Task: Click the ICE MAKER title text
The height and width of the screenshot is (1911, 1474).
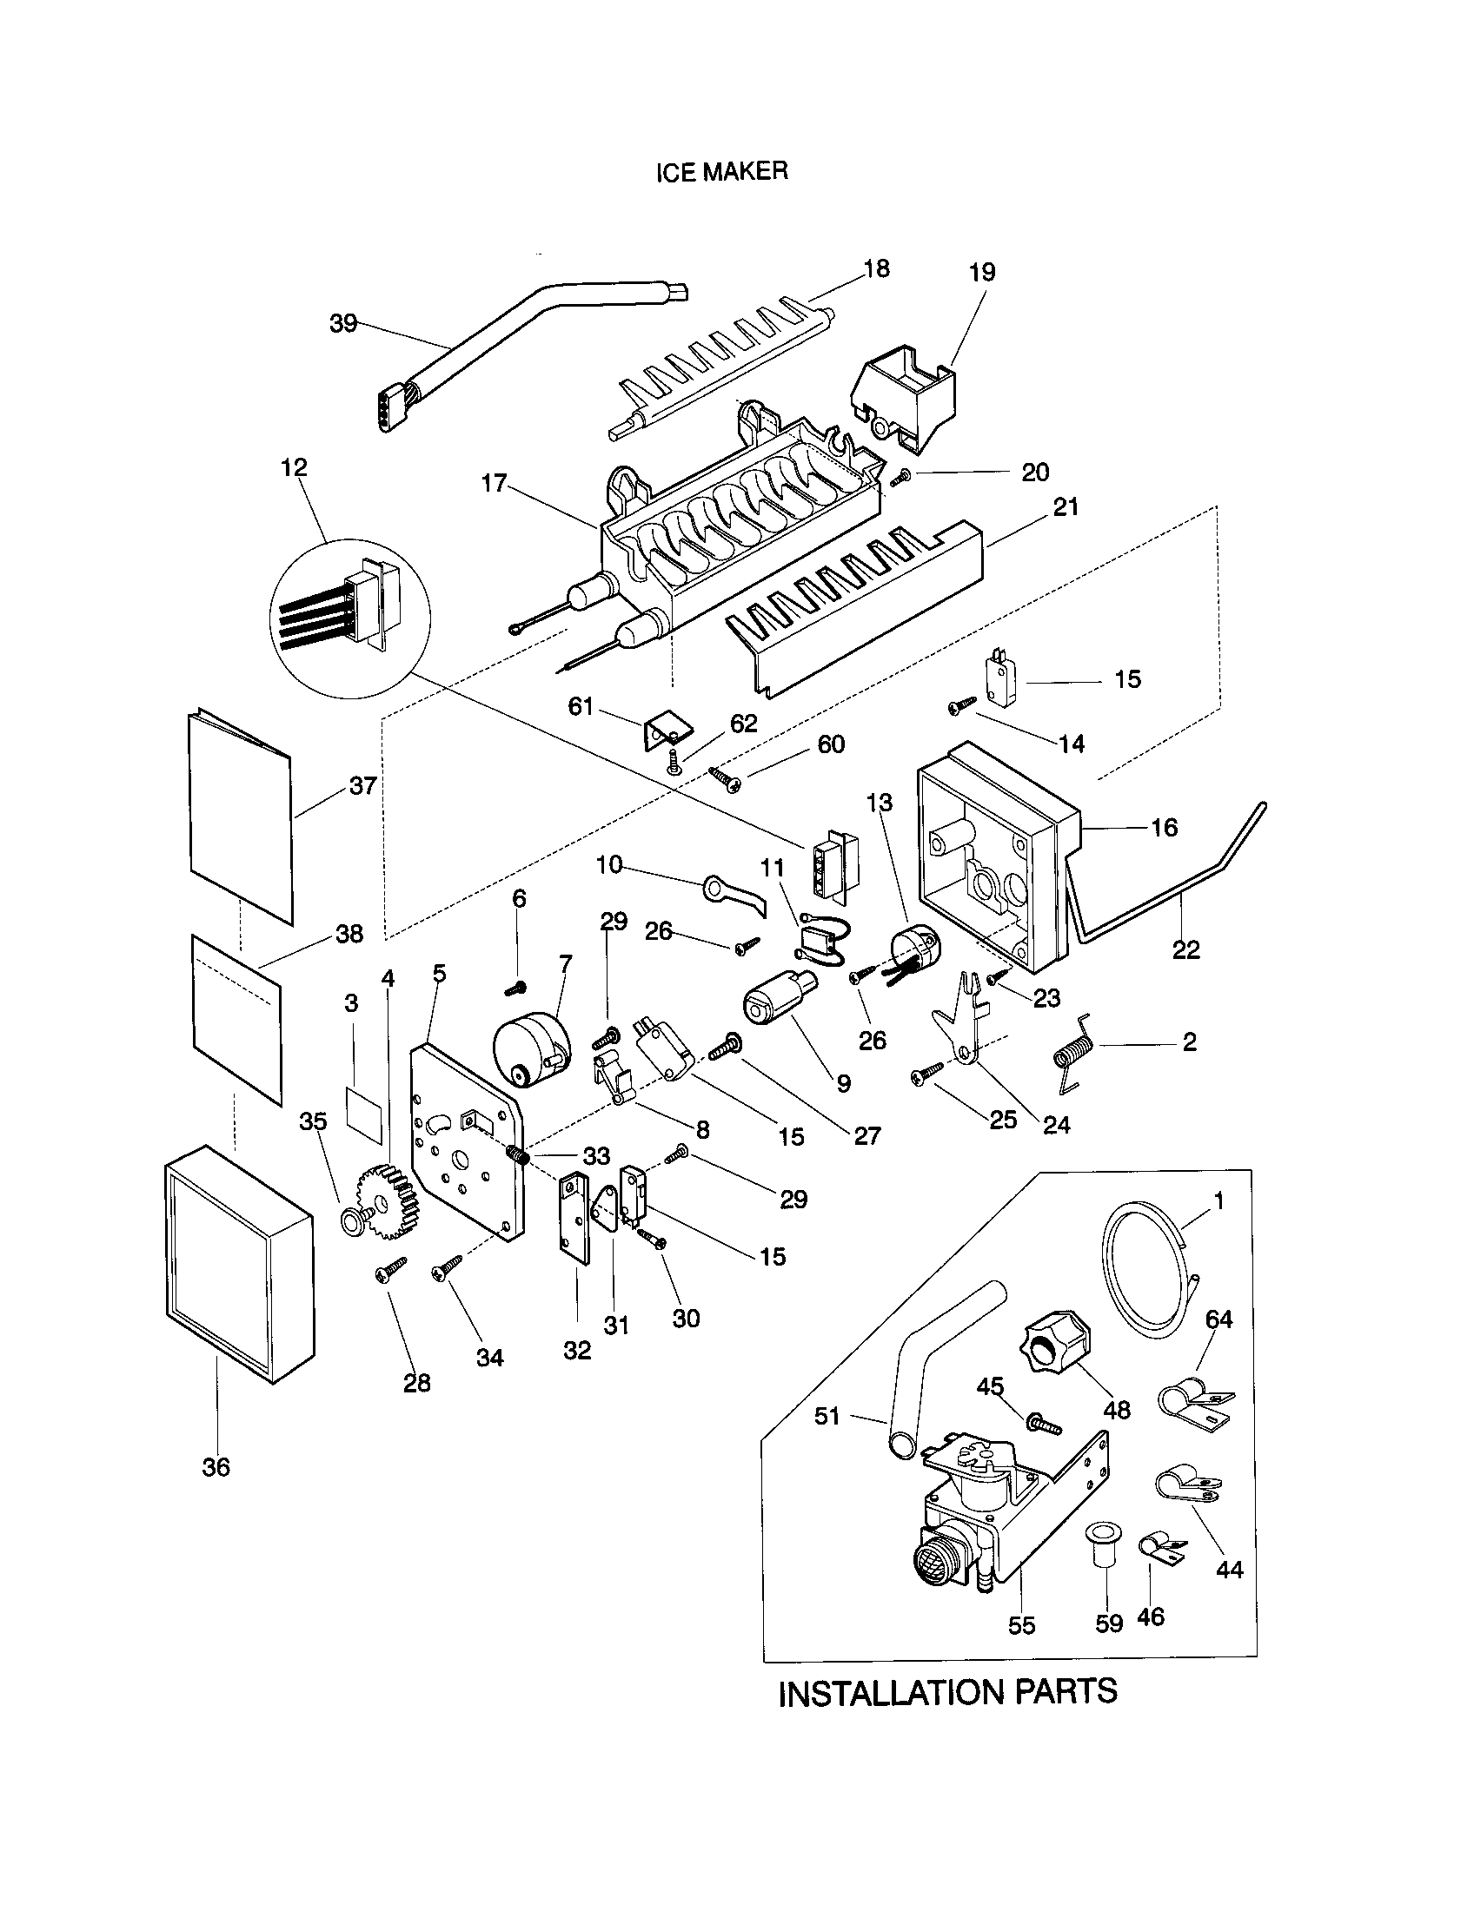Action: click(722, 171)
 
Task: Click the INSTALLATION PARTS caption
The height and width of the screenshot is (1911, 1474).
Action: click(947, 1692)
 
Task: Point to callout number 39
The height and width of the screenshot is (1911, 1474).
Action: click(343, 323)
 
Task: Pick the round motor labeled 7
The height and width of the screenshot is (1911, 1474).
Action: click(528, 1050)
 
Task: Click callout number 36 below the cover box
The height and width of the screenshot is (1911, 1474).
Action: click(216, 1467)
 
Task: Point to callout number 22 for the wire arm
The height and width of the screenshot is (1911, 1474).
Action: click(1186, 949)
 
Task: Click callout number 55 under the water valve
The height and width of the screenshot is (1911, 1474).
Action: click(1021, 1625)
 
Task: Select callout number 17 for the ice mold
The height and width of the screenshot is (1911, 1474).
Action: click(495, 482)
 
